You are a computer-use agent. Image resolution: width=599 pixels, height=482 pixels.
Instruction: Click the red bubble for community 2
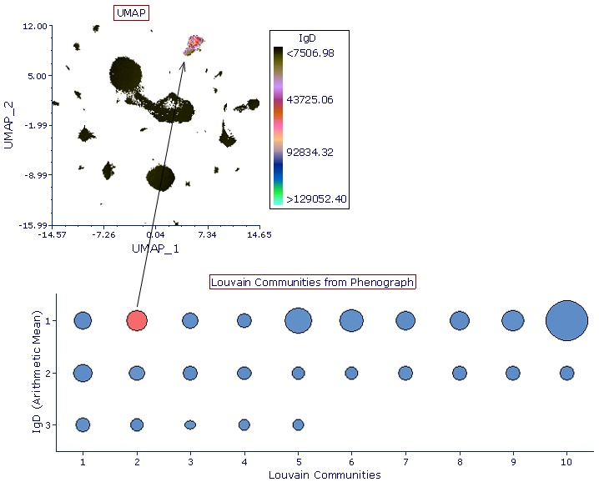[x=137, y=320]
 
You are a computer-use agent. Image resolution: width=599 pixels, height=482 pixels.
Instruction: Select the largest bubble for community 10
[x=567, y=320]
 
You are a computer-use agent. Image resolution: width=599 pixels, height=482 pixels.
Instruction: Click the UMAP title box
[x=129, y=13]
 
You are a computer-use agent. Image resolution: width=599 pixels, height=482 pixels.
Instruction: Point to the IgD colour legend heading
[x=307, y=38]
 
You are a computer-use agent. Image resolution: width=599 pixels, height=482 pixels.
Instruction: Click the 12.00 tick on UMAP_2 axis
[x=34, y=26]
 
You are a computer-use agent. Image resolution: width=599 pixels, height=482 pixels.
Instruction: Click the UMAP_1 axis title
[x=156, y=249]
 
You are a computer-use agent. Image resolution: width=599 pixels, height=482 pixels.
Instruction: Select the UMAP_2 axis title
[x=9, y=125]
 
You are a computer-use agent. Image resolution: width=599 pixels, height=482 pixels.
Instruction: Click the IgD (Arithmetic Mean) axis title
[x=38, y=366]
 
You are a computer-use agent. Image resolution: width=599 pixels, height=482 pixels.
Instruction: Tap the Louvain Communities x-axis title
[x=325, y=474]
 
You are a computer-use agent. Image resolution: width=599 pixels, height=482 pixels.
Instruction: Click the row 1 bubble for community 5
[x=298, y=320]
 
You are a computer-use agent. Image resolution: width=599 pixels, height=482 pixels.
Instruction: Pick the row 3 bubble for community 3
[x=190, y=424]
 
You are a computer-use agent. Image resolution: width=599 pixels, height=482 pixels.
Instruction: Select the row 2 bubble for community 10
[x=567, y=373]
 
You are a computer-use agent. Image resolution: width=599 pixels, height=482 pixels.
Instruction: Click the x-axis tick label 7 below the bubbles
[x=405, y=460]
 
